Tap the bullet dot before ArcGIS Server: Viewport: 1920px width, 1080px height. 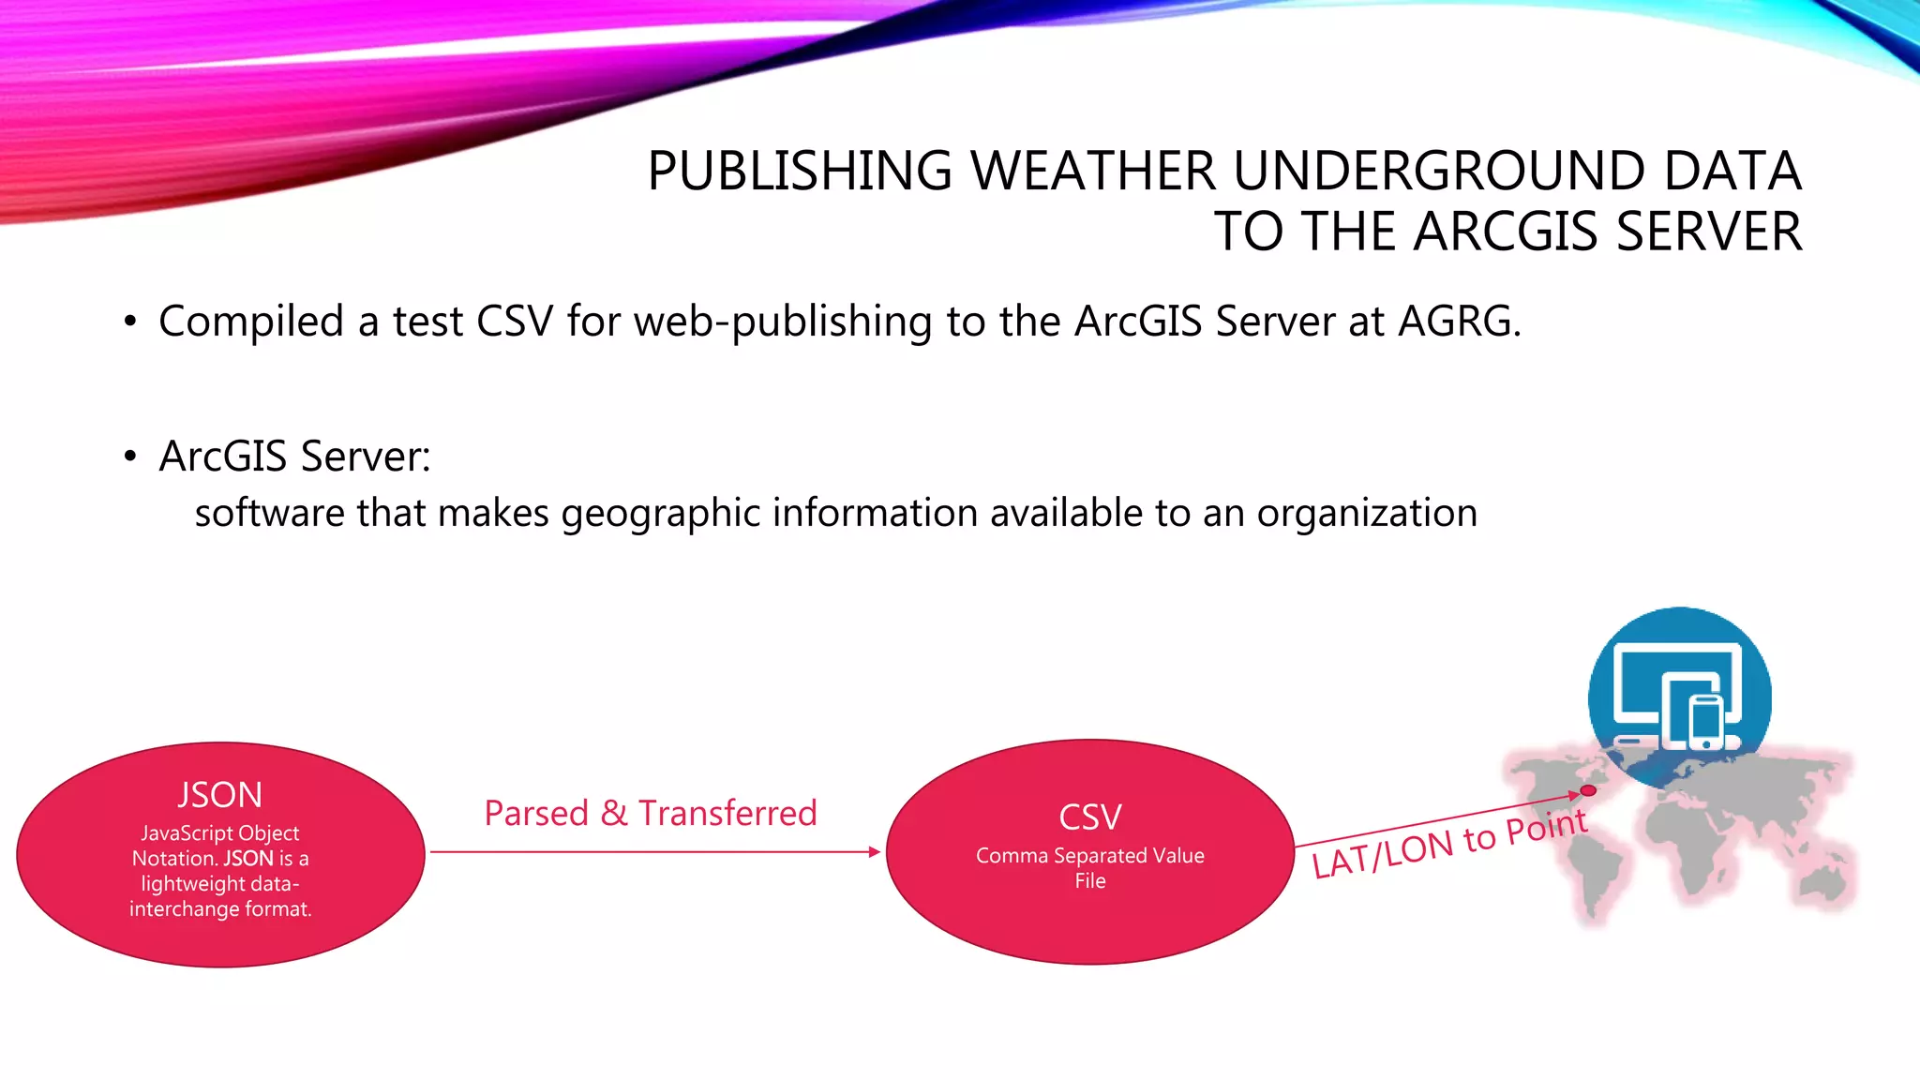pos(130,457)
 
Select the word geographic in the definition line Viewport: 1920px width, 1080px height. pos(660,514)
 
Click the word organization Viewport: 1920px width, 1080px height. pos(1367,514)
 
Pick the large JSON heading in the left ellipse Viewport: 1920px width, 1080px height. pos(220,795)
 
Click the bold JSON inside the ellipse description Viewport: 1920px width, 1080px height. pos(248,859)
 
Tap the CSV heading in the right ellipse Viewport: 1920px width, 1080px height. pos(1090,817)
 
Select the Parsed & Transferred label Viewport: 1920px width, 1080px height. pos(650,813)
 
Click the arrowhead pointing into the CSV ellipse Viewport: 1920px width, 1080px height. pos(875,852)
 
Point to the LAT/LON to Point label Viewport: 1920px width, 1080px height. pos(1449,844)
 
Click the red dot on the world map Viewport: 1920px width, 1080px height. pos(1588,791)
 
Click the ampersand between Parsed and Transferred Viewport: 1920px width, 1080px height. pos(614,813)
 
